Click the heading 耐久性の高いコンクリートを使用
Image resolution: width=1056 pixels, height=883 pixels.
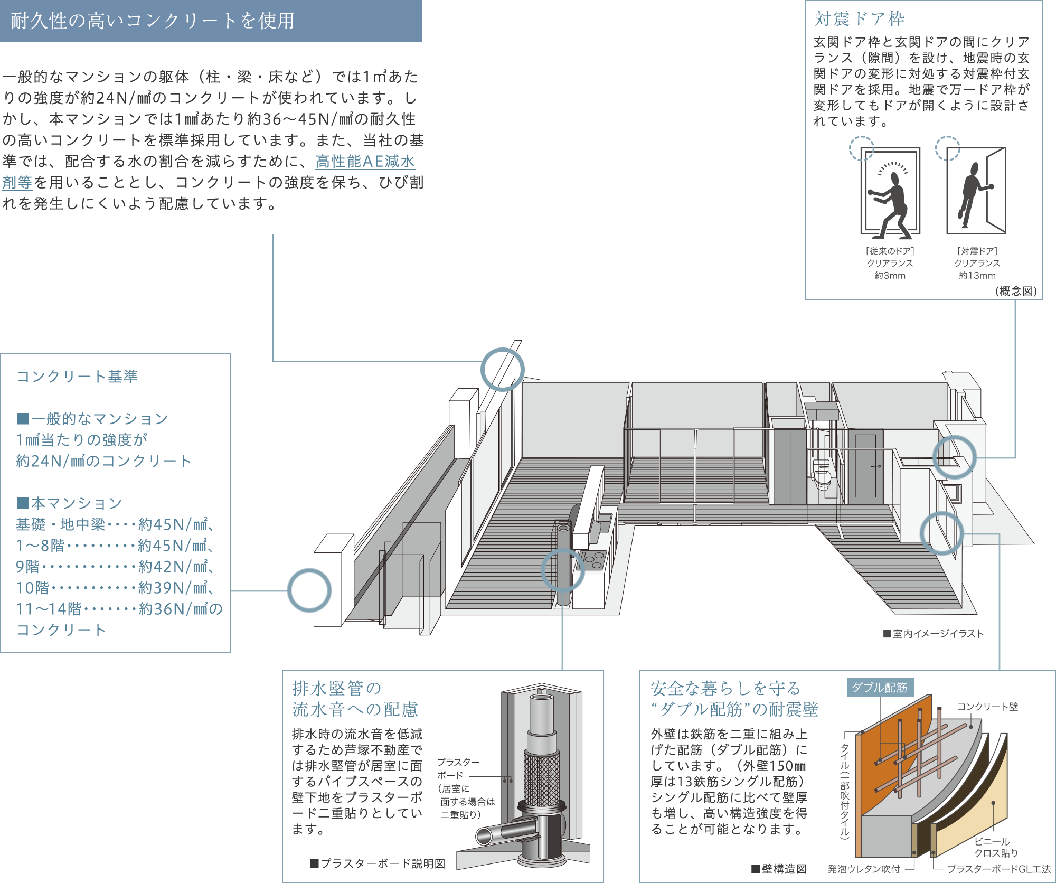(153, 21)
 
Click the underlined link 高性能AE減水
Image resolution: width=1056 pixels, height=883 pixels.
(365, 162)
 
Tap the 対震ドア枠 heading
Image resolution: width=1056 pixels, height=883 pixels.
(859, 19)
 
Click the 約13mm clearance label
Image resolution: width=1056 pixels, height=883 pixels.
(977, 276)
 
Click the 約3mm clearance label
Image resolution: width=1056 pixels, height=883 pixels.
(890, 276)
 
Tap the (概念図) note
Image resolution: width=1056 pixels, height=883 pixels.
(1016, 291)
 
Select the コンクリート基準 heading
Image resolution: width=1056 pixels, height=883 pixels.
(77, 377)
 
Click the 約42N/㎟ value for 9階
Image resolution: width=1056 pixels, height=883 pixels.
(173, 567)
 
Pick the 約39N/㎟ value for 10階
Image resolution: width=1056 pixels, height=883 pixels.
(173, 588)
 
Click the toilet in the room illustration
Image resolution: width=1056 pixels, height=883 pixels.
(822, 475)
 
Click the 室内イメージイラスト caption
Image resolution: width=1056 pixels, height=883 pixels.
(934, 634)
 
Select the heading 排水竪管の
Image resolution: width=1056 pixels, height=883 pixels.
(336, 689)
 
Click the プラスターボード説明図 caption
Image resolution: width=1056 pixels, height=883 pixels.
(378, 864)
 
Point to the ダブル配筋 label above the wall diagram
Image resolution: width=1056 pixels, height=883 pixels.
(879, 688)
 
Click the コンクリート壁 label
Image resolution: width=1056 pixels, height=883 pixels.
(987, 707)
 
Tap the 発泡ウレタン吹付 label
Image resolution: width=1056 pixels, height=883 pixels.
(863, 869)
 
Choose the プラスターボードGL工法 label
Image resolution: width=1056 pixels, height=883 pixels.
(998, 869)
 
